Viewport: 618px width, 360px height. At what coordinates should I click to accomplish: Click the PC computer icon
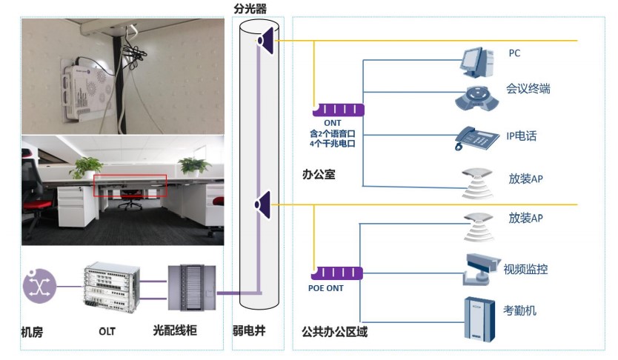point(478,62)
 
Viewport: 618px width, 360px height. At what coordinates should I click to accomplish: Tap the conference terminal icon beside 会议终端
point(477,98)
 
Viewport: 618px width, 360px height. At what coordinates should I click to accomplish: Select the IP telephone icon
point(476,138)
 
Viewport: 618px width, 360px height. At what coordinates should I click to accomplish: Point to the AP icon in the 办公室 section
point(477,184)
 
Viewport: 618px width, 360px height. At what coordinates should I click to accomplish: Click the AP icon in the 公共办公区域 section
point(479,227)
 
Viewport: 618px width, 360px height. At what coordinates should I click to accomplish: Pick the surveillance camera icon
point(481,269)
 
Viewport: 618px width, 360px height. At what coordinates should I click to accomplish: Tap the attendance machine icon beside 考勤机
point(479,319)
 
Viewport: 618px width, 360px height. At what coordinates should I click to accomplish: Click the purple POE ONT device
point(337,273)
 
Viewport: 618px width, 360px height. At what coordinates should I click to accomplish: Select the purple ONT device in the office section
point(339,110)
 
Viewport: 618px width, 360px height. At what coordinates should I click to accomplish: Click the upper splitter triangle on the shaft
point(267,41)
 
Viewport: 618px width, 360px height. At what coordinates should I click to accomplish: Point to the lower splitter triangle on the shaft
point(263,204)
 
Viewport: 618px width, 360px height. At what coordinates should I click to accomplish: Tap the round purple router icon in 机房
point(39,287)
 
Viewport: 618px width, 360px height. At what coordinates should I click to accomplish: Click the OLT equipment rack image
point(112,287)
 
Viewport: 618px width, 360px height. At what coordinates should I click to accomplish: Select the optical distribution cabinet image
point(192,288)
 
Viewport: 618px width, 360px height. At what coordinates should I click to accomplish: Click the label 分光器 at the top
point(250,8)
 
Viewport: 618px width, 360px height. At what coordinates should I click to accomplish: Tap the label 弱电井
point(249,330)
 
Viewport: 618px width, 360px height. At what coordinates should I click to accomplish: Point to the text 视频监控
point(525,269)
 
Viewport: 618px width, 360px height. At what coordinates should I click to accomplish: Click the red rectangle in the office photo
point(130,185)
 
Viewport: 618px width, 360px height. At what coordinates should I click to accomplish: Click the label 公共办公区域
point(335,332)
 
